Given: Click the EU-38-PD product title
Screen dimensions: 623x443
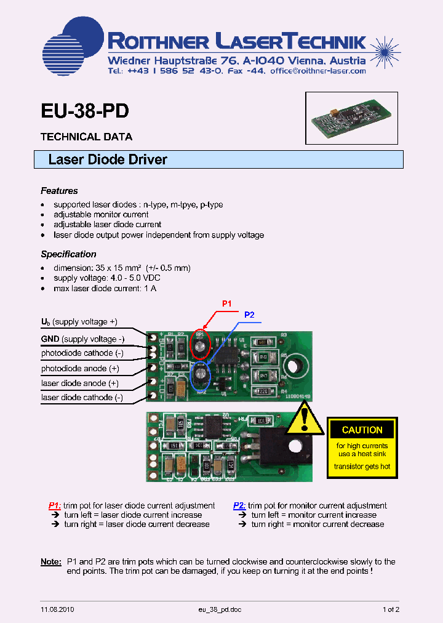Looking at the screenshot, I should click(x=85, y=111).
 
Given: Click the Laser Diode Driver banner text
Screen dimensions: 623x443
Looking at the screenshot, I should click(x=108, y=159).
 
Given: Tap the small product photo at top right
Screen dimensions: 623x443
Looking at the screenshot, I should click(x=351, y=118).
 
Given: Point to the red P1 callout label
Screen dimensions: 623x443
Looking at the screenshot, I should click(x=227, y=303).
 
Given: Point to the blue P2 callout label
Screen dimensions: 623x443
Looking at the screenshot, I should click(x=249, y=315).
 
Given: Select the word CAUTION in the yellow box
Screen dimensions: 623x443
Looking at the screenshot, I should click(x=362, y=430).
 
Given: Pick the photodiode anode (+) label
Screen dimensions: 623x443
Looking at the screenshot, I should click(x=80, y=368).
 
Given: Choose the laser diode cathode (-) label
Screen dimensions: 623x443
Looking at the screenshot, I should click(x=82, y=398).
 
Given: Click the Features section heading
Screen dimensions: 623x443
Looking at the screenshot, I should click(x=59, y=191).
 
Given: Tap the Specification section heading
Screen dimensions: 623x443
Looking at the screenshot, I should click(x=68, y=254).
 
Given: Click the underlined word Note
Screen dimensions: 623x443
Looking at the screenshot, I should click(x=50, y=561).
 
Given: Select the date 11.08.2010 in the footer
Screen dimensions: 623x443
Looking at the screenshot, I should click(x=58, y=609).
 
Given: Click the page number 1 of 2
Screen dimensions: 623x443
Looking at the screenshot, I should click(x=391, y=609).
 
